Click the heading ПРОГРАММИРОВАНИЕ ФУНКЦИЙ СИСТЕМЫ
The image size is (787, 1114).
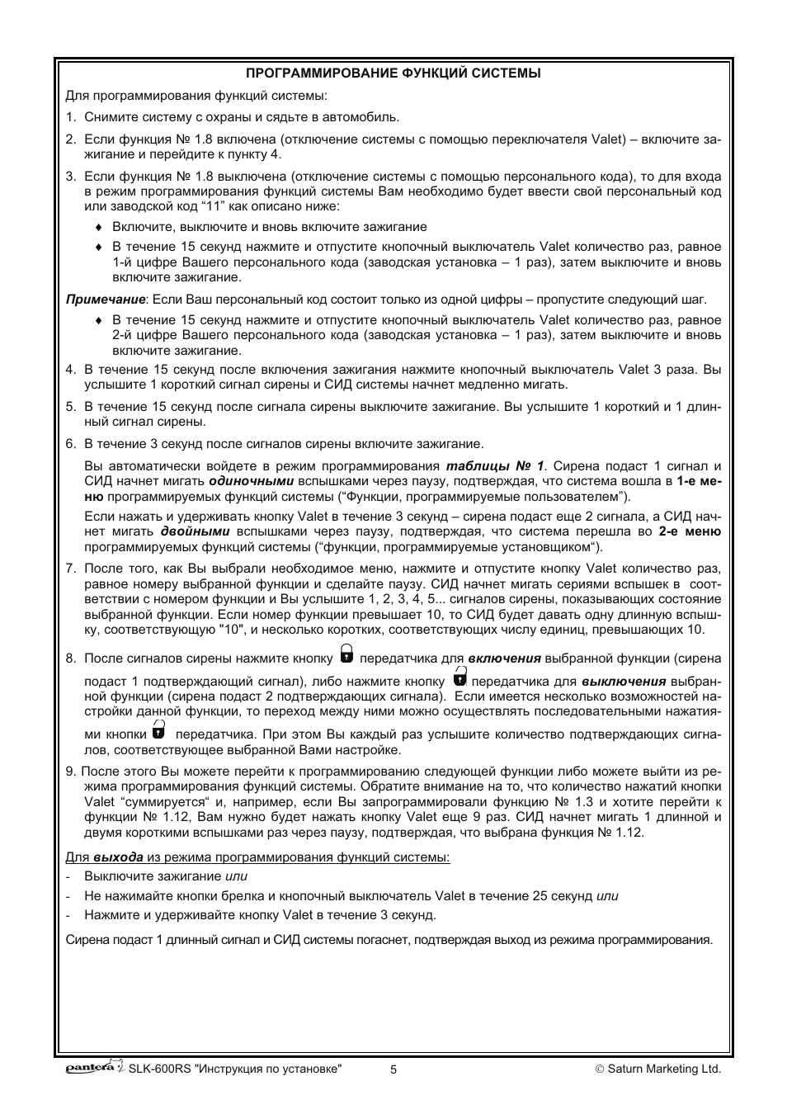[x=393, y=73]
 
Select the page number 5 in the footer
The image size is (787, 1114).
[x=393, y=1069]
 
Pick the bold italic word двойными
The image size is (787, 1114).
[x=195, y=531]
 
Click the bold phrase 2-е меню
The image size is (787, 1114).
[x=690, y=531]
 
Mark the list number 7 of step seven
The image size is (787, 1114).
[x=71, y=568]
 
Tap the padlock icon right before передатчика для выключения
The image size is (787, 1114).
[x=459, y=679]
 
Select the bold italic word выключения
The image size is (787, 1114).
[x=623, y=682]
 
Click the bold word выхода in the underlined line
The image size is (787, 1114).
[x=118, y=857]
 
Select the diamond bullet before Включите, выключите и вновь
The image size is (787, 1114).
[x=98, y=227]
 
